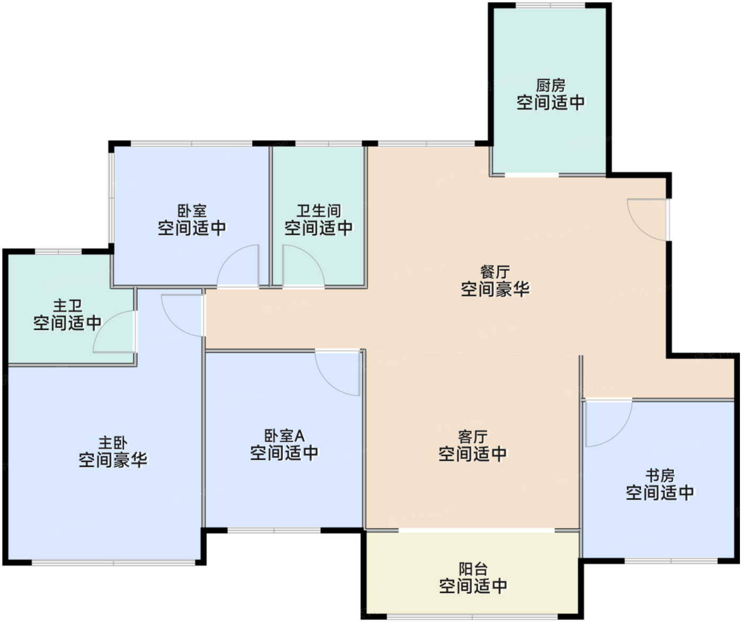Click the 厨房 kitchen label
(x=551, y=86)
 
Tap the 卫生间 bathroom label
(x=319, y=211)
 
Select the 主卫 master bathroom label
(x=67, y=306)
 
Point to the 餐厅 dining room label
(x=495, y=272)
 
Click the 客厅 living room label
(x=473, y=437)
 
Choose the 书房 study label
(x=660, y=476)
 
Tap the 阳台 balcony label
(x=473, y=569)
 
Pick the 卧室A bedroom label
(x=284, y=436)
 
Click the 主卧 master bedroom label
(x=113, y=443)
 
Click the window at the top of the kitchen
(x=550, y=5)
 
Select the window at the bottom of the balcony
(x=472, y=617)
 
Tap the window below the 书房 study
(x=671, y=561)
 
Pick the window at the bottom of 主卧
(x=113, y=563)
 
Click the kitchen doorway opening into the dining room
(x=532, y=175)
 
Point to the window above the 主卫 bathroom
(x=58, y=252)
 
